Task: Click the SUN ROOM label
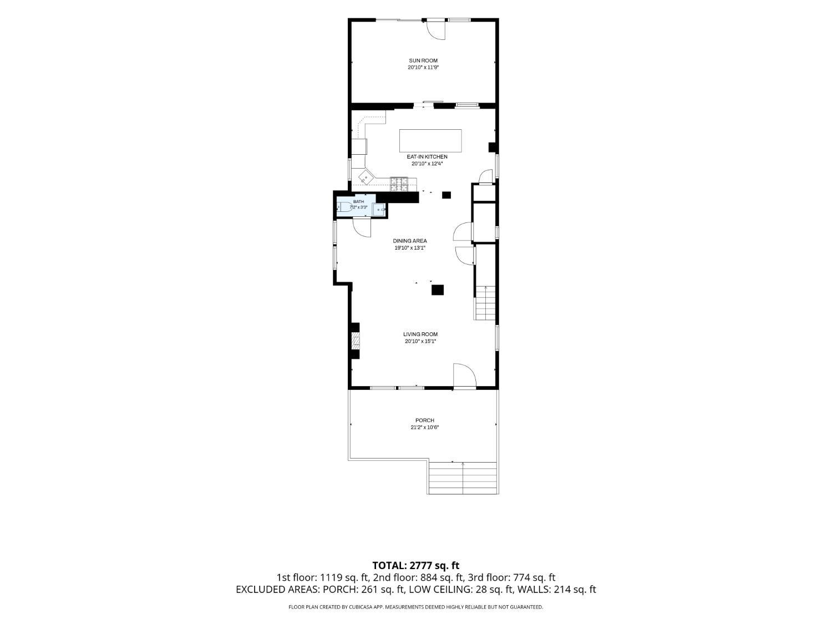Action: point(423,60)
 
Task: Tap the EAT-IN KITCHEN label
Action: point(427,157)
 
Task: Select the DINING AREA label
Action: point(410,241)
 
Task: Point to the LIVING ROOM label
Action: point(420,334)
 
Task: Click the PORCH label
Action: point(424,420)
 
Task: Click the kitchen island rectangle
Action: point(430,140)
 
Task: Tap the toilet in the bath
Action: point(344,207)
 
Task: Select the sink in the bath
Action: point(379,210)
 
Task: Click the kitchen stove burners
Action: point(399,185)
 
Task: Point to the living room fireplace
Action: point(355,341)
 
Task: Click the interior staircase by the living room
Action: point(485,303)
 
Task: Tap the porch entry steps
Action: point(463,478)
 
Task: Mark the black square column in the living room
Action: point(438,290)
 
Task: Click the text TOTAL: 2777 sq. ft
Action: point(416,566)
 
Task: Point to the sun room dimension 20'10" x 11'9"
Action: point(423,68)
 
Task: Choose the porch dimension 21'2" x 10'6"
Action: point(424,427)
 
